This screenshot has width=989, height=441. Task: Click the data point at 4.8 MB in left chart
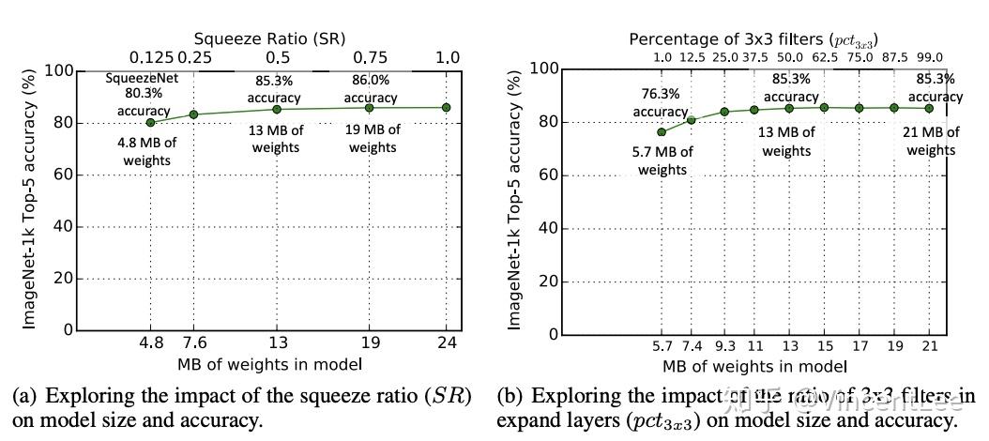(151, 122)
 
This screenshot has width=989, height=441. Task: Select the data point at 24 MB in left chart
(447, 108)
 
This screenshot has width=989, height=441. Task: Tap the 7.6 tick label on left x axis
(193, 343)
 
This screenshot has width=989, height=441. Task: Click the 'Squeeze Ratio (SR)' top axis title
(269, 38)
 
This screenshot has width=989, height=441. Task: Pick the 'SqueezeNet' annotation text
(137, 78)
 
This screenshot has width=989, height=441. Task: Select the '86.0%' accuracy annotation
(370, 82)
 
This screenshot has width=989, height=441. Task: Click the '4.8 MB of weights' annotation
(151, 151)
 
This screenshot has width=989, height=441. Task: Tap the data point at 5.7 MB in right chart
(662, 132)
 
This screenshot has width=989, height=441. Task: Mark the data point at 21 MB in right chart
(929, 108)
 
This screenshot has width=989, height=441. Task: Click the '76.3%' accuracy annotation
(660, 95)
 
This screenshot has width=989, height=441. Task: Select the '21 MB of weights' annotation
(931, 141)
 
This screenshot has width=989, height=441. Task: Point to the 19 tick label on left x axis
(370, 343)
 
